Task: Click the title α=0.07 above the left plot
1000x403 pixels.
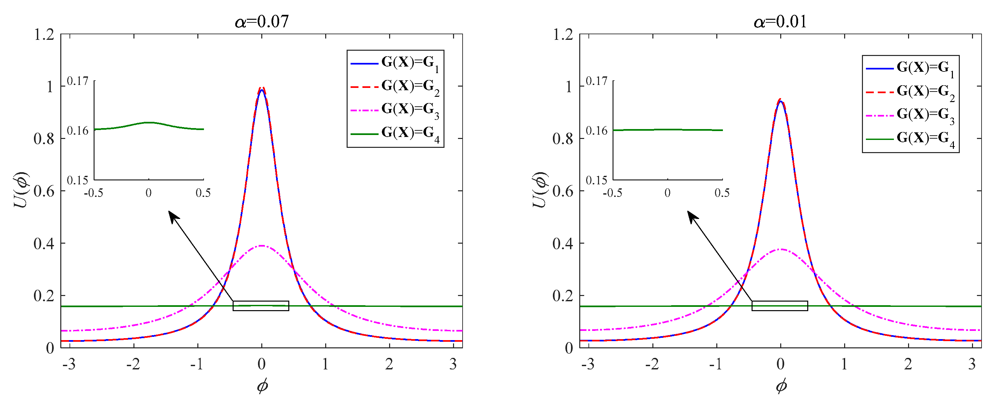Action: tap(262, 21)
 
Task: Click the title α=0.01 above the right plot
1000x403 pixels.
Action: tap(780, 21)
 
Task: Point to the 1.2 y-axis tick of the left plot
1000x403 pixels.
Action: tap(44, 35)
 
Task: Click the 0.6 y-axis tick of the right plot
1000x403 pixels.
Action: tap(562, 191)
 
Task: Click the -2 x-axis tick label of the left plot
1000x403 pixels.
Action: tap(133, 364)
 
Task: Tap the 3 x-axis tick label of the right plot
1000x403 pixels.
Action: tap(972, 364)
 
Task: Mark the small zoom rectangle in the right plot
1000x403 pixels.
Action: tap(780, 306)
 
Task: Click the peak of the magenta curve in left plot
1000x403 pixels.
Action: tap(262, 246)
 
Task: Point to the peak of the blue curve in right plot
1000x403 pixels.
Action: tap(780, 101)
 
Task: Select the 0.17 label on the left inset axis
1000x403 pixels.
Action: tap(78, 81)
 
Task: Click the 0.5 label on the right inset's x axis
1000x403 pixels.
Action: tap(722, 193)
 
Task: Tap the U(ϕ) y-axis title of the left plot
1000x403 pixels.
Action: tap(21, 190)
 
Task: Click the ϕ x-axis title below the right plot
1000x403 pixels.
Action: tap(781, 386)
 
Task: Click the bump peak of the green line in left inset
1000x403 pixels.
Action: tap(149, 122)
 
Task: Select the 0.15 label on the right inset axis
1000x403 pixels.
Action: tap(596, 180)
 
